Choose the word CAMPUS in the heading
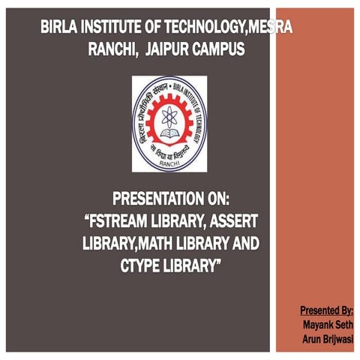click(220, 49)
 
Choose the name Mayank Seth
click(328, 325)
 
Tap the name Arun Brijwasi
click(328, 339)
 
